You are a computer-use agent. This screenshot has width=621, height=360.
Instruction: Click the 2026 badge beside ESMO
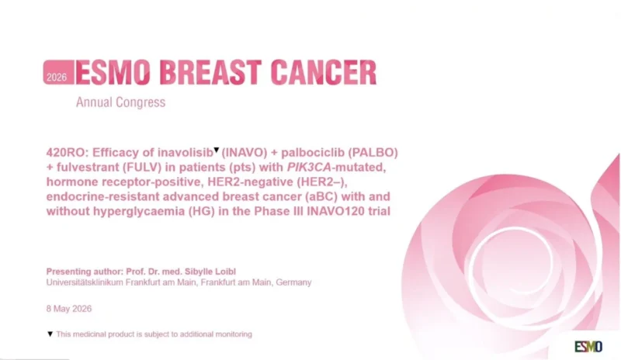(x=59, y=72)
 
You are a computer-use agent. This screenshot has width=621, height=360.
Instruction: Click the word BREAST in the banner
(x=210, y=72)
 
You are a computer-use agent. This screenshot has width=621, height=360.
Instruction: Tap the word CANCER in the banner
(x=324, y=72)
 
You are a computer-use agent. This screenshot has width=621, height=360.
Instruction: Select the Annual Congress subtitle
(x=121, y=102)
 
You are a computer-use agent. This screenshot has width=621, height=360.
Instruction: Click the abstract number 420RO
(x=65, y=153)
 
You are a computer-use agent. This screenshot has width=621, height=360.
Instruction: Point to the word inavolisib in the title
(x=186, y=153)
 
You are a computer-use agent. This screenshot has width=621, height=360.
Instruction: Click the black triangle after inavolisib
(x=217, y=150)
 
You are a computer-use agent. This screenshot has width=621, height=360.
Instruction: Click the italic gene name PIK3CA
(x=309, y=167)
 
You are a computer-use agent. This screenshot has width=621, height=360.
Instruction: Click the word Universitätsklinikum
(x=85, y=282)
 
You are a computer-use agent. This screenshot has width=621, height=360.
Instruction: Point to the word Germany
(x=293, y=282)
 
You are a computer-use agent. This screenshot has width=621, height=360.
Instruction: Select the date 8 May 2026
(x=69, y=309)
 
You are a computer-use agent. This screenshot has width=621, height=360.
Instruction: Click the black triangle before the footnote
(x=50, y=334)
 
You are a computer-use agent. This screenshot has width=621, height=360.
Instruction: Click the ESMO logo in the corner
(x=588, y=347)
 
